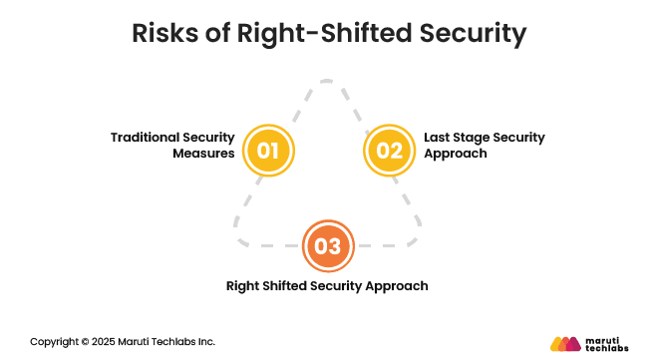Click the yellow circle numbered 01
tap(268, 152)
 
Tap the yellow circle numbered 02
tap(390, 152)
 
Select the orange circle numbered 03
tap(328, 245)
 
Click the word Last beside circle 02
tap(439, 137)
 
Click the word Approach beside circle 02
tap(457, 155)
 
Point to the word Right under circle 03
tap(244, 286)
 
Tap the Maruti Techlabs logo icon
tap(565, 343)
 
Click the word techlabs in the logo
tap(608, 349)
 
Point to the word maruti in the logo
tap(604, 337)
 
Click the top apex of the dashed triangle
tap(329, 82)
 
